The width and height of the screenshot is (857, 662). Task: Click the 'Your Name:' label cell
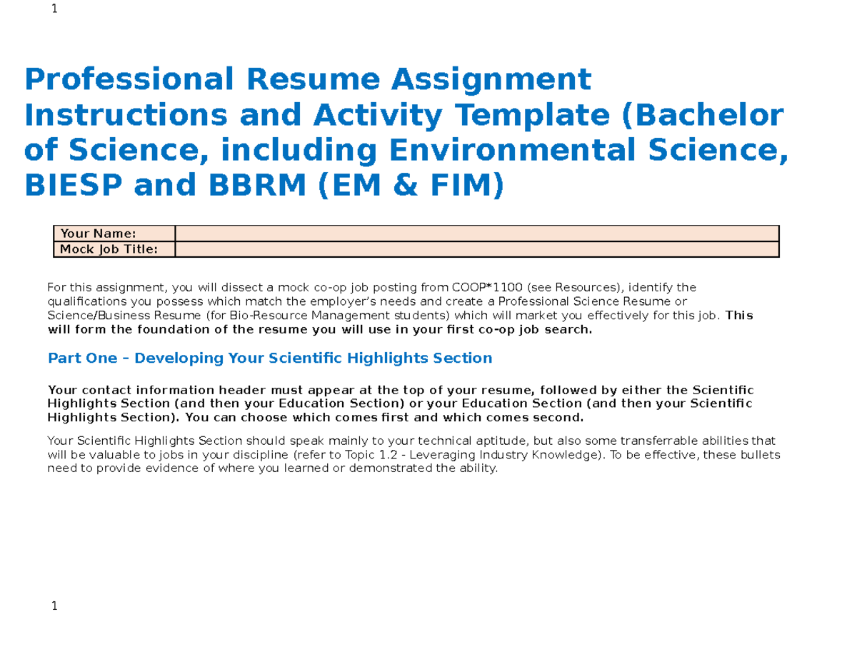point(114,234)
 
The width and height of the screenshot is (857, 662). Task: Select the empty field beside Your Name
point(476,234)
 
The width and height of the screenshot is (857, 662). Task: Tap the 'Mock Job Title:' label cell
point(114,249)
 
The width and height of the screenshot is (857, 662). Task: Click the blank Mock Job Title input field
point(476,249)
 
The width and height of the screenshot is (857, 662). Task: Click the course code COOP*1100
point(482,288)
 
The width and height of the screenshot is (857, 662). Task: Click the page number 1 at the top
point(54,9)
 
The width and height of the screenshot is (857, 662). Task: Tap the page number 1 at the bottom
point(54,606)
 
